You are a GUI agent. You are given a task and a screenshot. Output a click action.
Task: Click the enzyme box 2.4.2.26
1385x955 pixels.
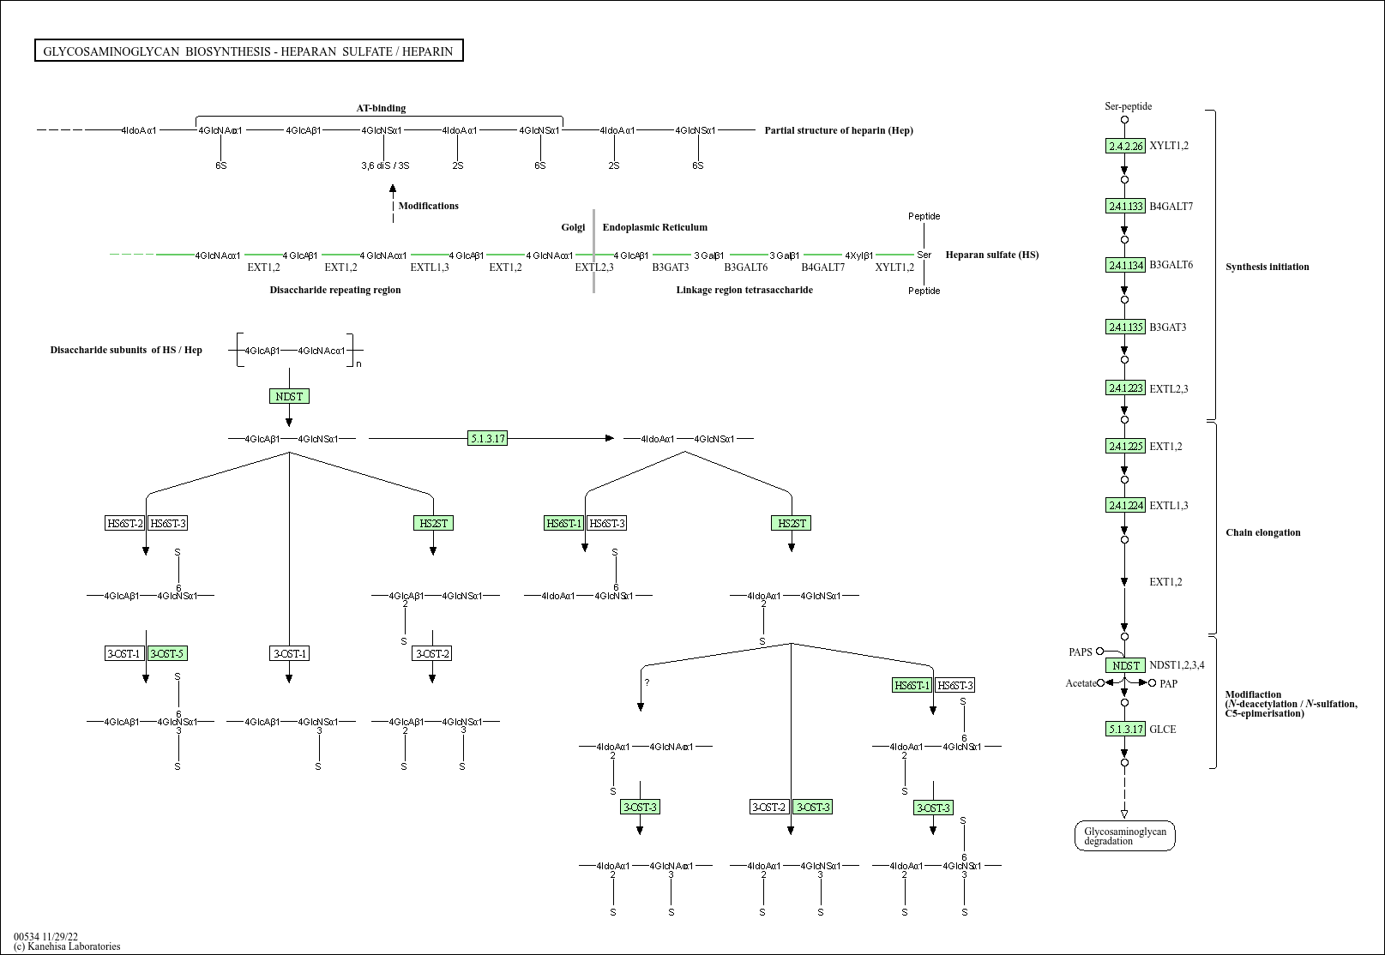tap(1125, 146)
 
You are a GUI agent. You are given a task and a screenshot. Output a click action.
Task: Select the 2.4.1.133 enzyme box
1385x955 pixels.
tap(1125, 206)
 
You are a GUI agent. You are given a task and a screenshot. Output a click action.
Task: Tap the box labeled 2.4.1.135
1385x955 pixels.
tap(1125, 327)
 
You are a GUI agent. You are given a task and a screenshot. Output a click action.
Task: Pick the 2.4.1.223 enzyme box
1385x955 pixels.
tap(1125, 388)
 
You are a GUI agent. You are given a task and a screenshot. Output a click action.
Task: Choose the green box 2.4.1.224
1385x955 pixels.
tap(1125, 505)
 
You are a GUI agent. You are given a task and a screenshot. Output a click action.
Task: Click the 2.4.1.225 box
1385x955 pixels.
tap(1125, 446)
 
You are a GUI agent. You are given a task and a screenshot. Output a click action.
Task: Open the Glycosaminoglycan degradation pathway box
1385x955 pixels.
tap(1124, 836)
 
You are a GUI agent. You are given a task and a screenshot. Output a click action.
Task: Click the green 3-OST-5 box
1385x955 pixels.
tap(167, 653)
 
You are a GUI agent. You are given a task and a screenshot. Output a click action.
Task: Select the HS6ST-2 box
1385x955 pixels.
tap(125, 523)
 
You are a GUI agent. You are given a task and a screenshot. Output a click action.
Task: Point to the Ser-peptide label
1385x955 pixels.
tap(1128, 106)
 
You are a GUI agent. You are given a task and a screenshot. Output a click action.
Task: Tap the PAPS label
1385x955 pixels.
tap(1081, 652)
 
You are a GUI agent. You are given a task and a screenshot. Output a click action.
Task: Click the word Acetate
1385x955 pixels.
tap(1081, 683)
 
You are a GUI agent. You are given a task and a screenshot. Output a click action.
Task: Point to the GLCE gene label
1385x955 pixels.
tap(1163, 730)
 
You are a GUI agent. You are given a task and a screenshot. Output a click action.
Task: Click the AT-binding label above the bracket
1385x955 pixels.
tap(381, 108)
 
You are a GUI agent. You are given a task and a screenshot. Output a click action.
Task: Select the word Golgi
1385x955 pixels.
tap(573, 227)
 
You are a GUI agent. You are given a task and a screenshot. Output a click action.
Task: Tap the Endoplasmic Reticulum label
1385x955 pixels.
tap(654, 227)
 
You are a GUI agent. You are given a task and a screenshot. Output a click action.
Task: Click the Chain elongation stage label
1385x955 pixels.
tap(1262, 532)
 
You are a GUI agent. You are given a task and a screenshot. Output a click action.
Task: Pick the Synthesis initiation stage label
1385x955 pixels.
tap(1267, 267)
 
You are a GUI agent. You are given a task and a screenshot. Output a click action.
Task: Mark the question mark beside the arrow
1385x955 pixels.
tap(647, 682)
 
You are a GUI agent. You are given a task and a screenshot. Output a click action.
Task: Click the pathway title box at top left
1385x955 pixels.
tap(249, 51)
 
